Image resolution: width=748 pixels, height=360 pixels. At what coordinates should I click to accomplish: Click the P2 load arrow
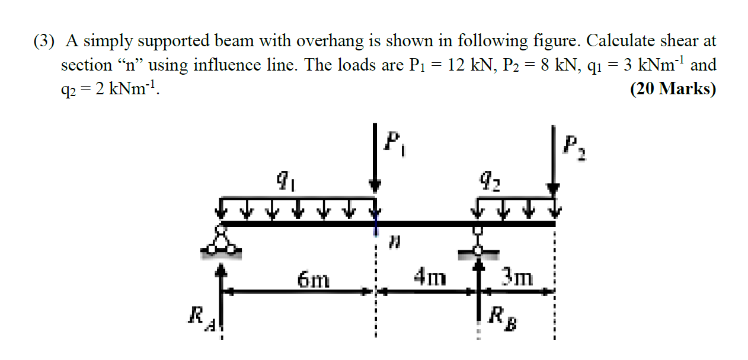553,160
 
